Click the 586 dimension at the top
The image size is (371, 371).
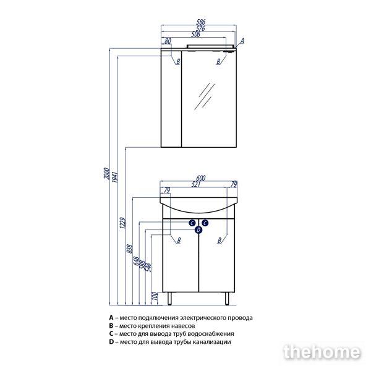coord(201,22)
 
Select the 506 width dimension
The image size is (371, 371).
coord(195,34)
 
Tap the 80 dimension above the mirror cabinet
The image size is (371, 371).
coord(168,41)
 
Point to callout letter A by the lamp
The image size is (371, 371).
coord(242,41)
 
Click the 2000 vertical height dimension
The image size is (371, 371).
coord(107,173)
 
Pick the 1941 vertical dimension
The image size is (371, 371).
coord(114,177)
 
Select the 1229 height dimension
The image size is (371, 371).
coord(122,223)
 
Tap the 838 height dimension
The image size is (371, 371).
coord(130,249)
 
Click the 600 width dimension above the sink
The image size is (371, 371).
coord(200,178)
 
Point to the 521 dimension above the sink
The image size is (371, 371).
coord(196,184)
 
